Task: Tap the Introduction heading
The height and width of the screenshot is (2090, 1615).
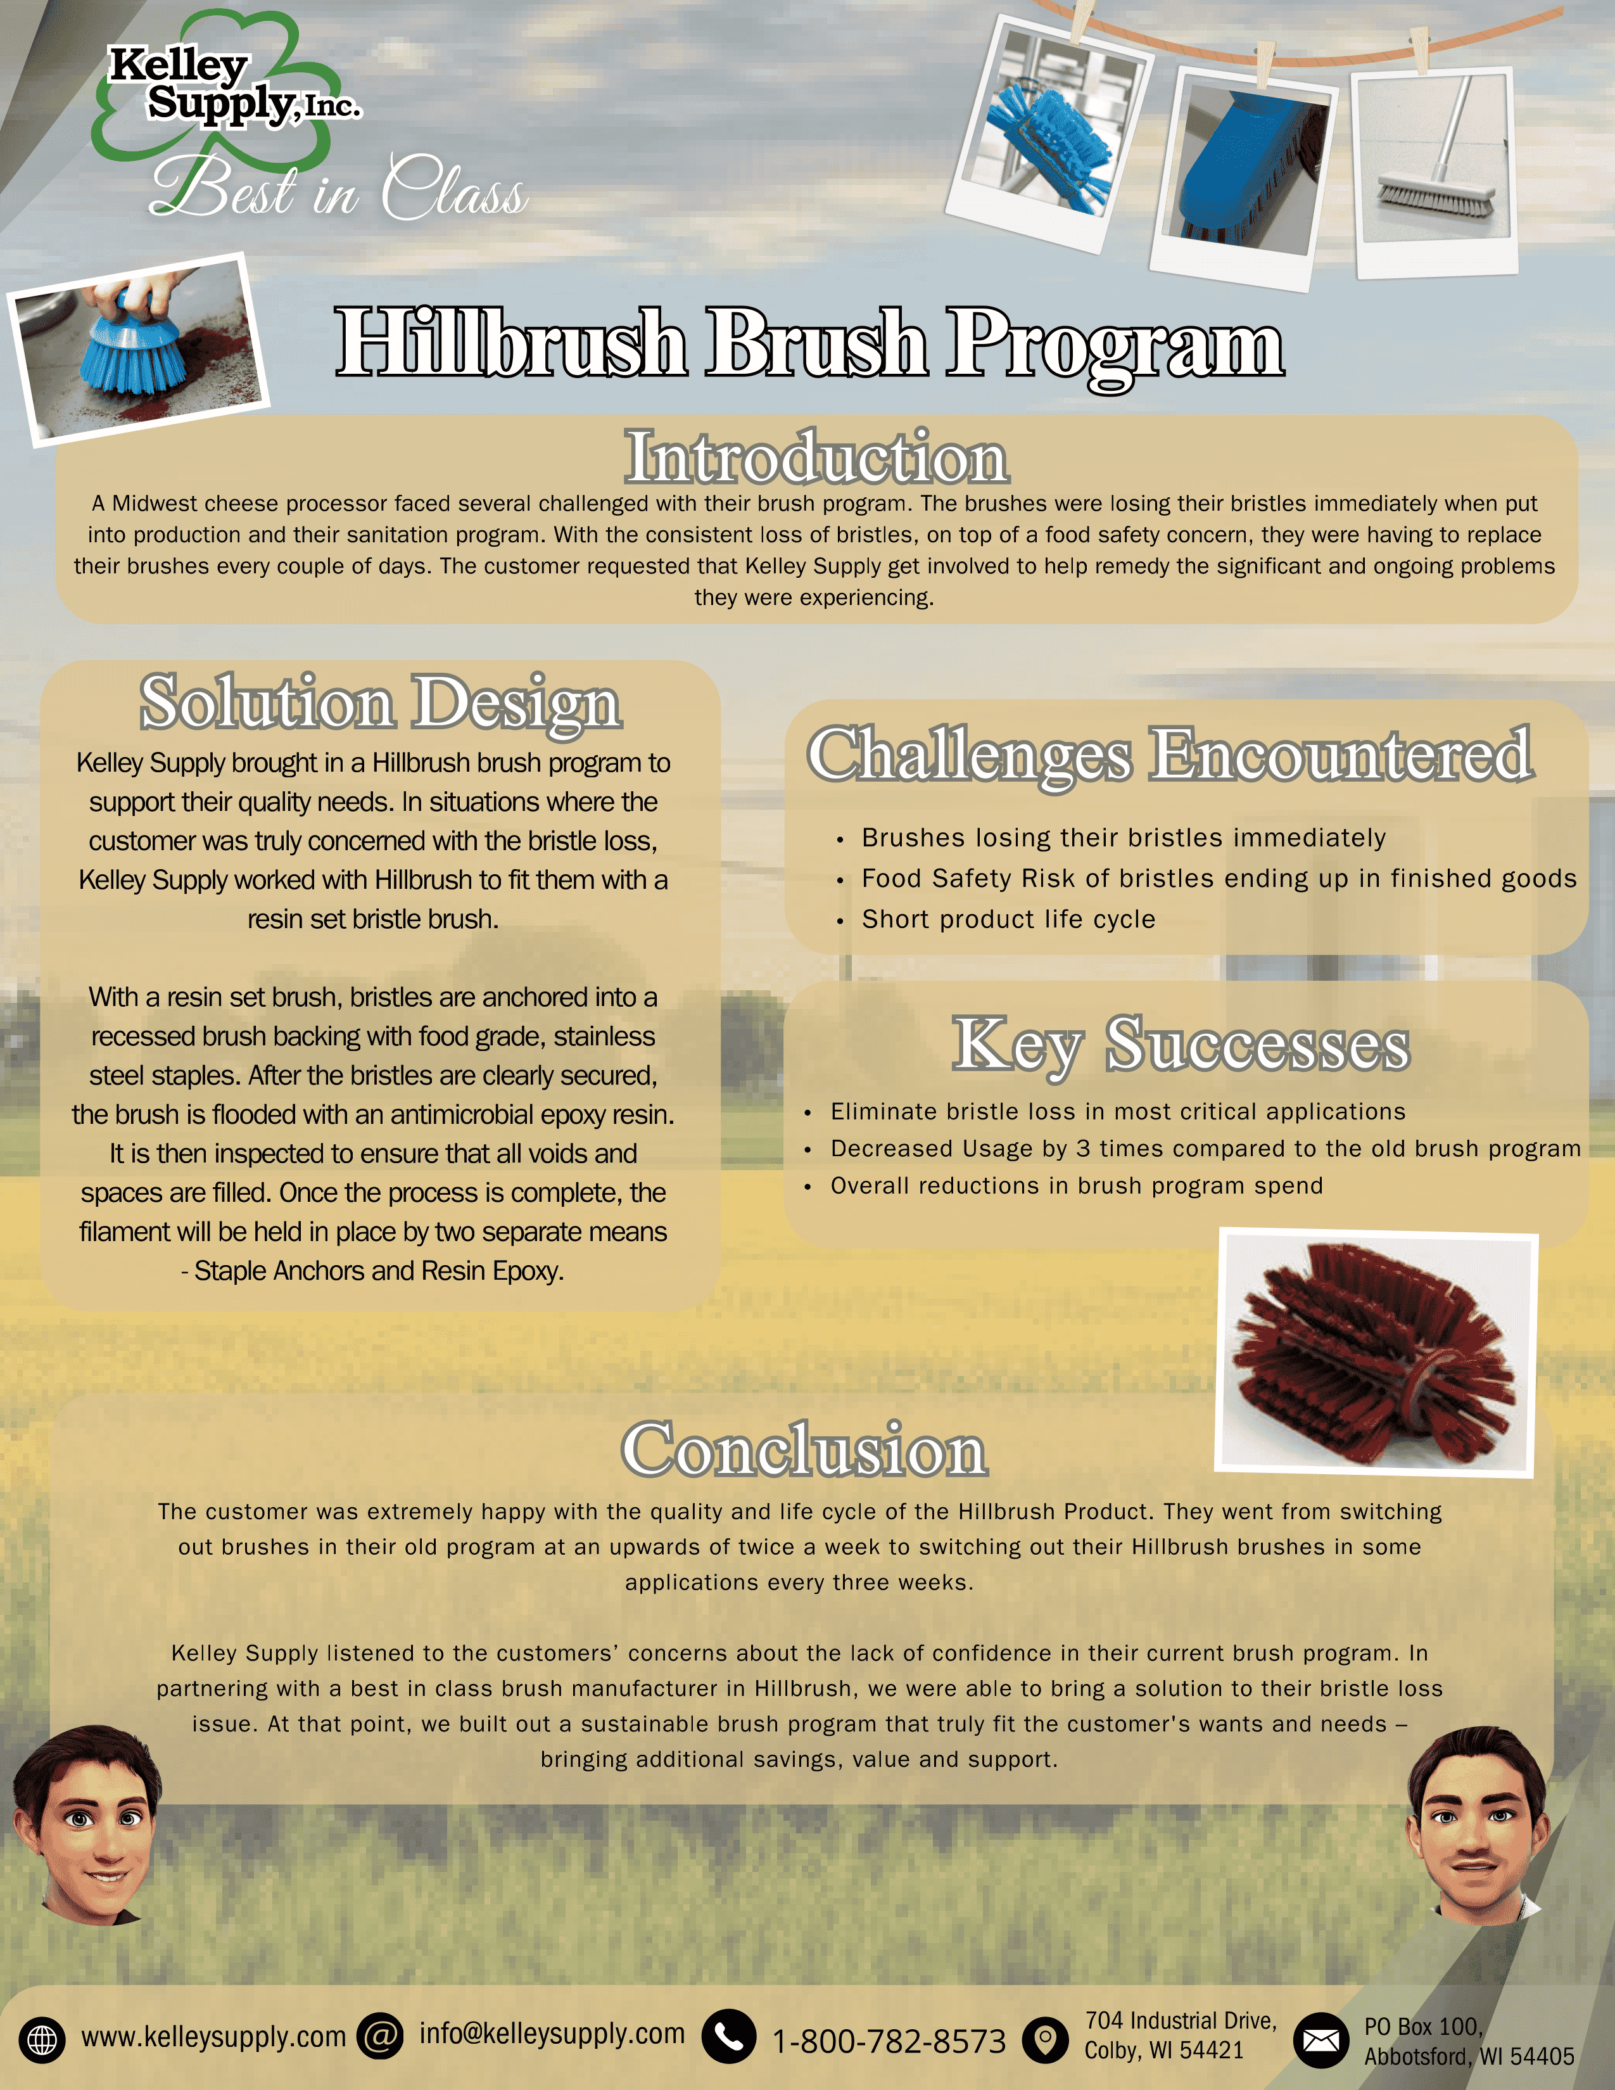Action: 816,457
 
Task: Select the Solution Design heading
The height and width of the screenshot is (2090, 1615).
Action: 381,703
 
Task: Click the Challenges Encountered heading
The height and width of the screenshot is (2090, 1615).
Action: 1170,756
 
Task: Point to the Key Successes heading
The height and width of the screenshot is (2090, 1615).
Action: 1181,1046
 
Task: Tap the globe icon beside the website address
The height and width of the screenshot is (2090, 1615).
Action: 42,2039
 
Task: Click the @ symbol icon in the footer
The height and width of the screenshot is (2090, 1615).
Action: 380,2036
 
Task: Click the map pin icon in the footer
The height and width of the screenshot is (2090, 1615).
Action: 1046,2039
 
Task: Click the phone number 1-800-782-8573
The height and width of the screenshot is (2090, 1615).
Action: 889,2042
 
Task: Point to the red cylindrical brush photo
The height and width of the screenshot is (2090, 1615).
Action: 1377,1353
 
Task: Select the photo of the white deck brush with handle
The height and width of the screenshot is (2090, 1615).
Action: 1435,170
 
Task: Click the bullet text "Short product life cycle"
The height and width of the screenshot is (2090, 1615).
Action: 1008,920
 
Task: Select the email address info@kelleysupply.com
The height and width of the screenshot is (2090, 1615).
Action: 552,2034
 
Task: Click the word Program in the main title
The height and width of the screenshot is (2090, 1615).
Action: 1115,345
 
